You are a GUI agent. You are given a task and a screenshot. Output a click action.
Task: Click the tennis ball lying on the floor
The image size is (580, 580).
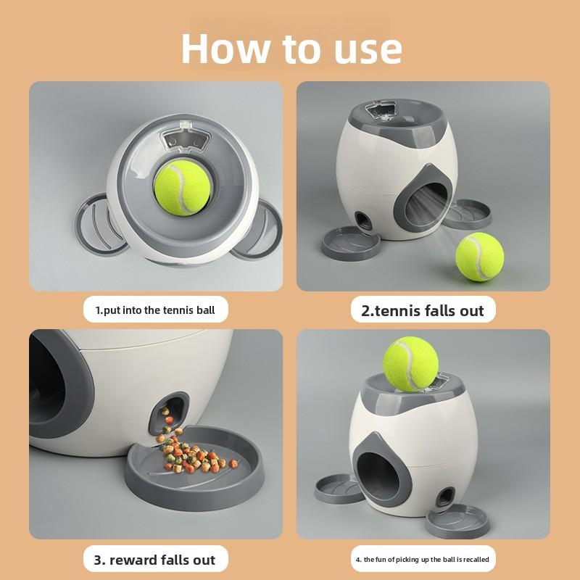479,257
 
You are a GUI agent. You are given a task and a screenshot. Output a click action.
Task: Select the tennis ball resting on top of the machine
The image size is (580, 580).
410,364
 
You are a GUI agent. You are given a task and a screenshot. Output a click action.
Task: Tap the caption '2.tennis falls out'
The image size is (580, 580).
422,310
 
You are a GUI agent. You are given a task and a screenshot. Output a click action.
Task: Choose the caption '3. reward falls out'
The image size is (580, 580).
154,560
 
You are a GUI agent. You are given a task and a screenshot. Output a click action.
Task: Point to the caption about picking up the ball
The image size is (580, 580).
422,560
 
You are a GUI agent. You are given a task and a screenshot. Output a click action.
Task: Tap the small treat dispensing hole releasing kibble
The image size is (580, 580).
172,412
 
